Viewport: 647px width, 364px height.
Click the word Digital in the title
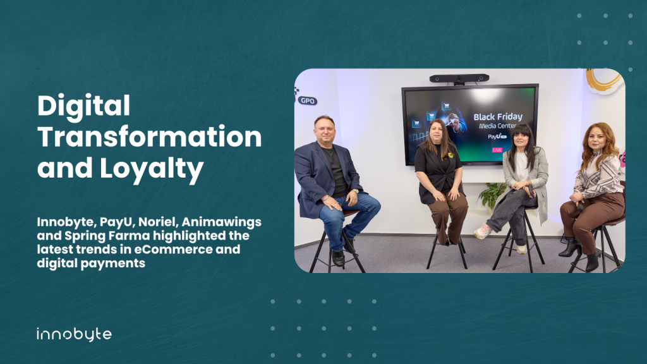(84, 106)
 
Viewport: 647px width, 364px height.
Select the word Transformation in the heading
(149, 137)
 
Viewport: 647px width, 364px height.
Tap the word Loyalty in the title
(152, 168)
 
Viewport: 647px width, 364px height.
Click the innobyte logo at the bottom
(75, 334)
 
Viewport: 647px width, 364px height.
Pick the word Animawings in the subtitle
(221, 222)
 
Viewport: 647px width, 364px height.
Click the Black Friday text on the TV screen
(498, 117)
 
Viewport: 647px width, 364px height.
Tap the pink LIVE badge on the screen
(497, 150)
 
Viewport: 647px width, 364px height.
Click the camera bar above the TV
(459, 78)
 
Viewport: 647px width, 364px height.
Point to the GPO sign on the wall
(308, 100)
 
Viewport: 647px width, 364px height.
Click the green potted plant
(492, 195)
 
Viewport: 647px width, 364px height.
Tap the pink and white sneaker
(482, 231)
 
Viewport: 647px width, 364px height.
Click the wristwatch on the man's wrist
(355, 191)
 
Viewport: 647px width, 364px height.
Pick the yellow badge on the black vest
(450, 155)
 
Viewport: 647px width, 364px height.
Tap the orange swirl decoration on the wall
(604, 80)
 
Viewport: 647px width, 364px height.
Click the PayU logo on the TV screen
(497, 136)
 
